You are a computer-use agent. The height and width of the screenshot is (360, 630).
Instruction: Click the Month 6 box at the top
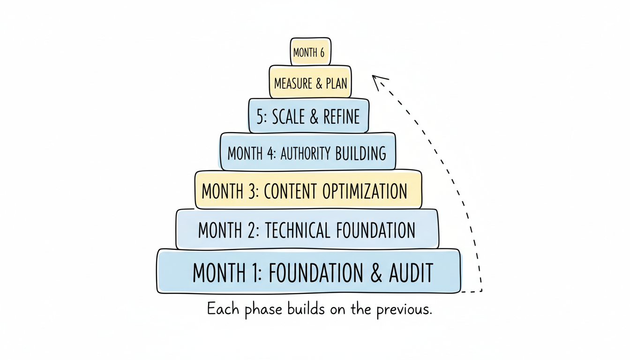309,52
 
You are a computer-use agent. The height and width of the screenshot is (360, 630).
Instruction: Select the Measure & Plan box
310,83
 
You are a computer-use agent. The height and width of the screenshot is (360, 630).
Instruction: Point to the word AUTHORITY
306,153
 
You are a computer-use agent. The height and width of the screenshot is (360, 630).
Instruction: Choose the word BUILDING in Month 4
361,153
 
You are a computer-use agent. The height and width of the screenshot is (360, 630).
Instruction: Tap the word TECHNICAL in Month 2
296,230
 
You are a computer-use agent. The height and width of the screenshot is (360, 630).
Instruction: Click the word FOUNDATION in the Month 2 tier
375,230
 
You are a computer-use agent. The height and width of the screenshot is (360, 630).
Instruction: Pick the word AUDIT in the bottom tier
411,273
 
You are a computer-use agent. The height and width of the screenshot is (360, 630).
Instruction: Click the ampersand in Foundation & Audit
376,273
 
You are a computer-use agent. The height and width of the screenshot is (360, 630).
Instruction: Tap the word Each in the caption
223,309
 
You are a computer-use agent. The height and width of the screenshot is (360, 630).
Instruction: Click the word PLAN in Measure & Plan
337,83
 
